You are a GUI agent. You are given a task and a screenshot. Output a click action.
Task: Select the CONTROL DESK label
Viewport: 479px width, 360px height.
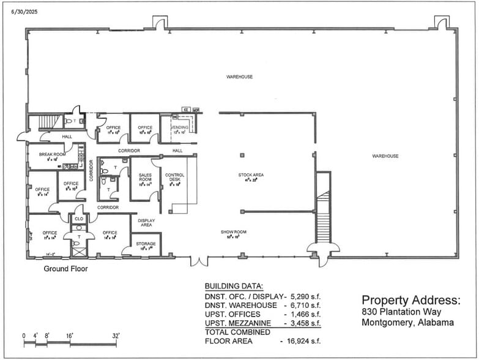[x=174, y=177]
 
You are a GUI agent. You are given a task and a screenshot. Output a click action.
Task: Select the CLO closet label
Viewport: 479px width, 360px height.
[x=78, y=219]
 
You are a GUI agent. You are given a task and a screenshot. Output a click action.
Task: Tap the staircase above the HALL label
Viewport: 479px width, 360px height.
[x=48, y=122]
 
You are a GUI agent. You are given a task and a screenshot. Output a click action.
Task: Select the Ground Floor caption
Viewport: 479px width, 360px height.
[x=65, y=269]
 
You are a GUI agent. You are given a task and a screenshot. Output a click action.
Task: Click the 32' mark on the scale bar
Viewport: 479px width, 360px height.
[x=114, y=336]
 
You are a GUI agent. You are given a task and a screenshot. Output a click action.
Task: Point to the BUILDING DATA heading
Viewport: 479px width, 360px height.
[x=233, y=286]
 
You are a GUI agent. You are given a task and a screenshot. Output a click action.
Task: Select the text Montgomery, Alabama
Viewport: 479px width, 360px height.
[x=407, y=323]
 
